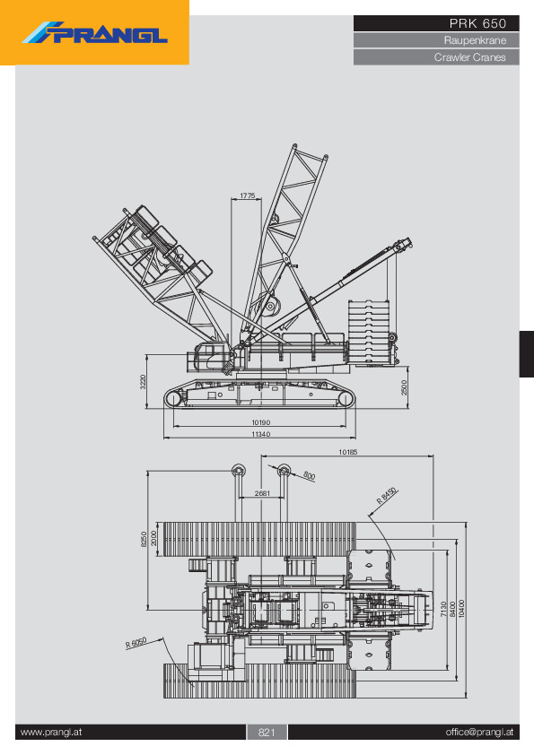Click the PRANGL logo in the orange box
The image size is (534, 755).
[94, 34]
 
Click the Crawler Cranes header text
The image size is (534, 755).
[469, 57]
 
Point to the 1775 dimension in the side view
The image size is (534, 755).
[248, 195]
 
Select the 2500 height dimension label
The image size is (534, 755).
[405, 386]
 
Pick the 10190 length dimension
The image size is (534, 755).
[260, 421]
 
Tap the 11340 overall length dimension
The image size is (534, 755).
[260, 434]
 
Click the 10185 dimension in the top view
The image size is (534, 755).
[347, 453]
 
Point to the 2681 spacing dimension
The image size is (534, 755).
[262, 493]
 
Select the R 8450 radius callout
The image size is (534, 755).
[388, 496]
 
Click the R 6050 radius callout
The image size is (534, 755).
[135, 641]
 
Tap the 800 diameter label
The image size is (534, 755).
[309, 475]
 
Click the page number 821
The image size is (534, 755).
[267, 733]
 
